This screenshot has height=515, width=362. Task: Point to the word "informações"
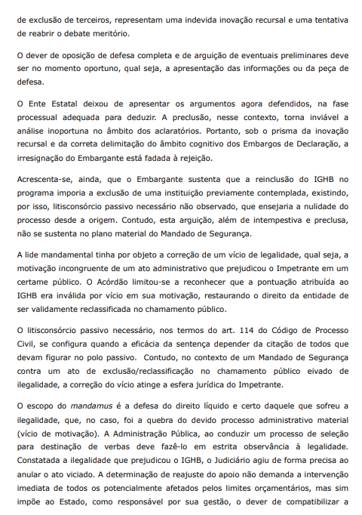[x=247, y=70]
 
